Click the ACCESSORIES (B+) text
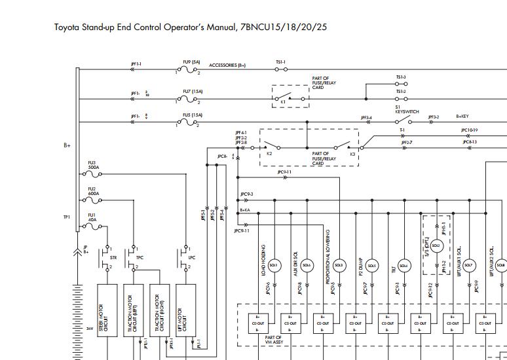(227, 65)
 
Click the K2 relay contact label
(269, 154)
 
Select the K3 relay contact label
(352, 154)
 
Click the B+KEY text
(462, 117)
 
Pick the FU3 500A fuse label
(93, 165)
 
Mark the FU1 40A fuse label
(92, 217)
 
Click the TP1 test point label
(67, 217)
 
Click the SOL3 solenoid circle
(274, 265)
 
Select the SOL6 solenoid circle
(307, 265)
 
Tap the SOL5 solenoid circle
(371, 265)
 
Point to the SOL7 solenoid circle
(469, 265)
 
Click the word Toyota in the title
(68, 27)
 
